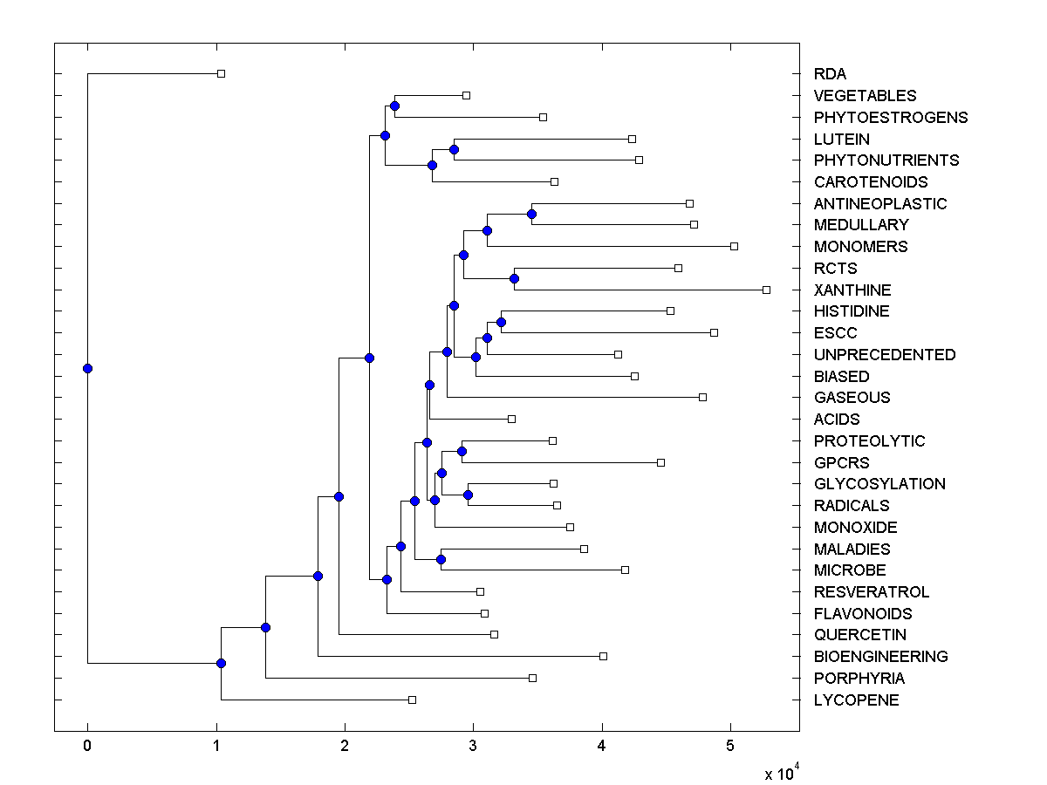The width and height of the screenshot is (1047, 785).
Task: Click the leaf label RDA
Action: [x=830, y=74]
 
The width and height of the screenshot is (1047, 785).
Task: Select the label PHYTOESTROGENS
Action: [x=891, y=118]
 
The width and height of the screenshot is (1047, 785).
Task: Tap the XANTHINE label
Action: [x=852, y=290]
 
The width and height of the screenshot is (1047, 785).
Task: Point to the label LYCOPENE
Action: [x=856, y=700]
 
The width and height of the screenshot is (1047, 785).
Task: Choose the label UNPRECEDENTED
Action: [x=885, y=355]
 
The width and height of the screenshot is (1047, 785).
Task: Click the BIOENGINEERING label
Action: [x=880, y=657]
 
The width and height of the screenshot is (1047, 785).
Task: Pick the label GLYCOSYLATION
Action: [x=879, y=484]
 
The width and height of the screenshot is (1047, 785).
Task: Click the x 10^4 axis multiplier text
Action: [x=780, y=773]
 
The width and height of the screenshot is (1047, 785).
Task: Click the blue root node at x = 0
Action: [x=87, y=368]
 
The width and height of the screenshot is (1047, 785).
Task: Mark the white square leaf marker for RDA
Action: [x=221, y=74]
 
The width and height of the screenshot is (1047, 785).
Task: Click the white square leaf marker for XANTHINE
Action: [x=766, y=290]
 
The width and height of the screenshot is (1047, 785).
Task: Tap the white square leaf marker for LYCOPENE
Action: [x=413, y=700]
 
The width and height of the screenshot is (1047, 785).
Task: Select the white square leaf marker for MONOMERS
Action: [x=734, y=247]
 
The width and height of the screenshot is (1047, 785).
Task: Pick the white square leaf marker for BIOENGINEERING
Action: [x=603, y=656]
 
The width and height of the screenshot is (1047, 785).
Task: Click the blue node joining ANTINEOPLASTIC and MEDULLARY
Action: [x=531, y=214]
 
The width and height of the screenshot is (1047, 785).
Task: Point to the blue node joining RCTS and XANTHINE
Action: [x=514, y=279]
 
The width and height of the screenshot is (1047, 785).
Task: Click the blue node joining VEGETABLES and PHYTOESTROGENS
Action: [x=394, y=106]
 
